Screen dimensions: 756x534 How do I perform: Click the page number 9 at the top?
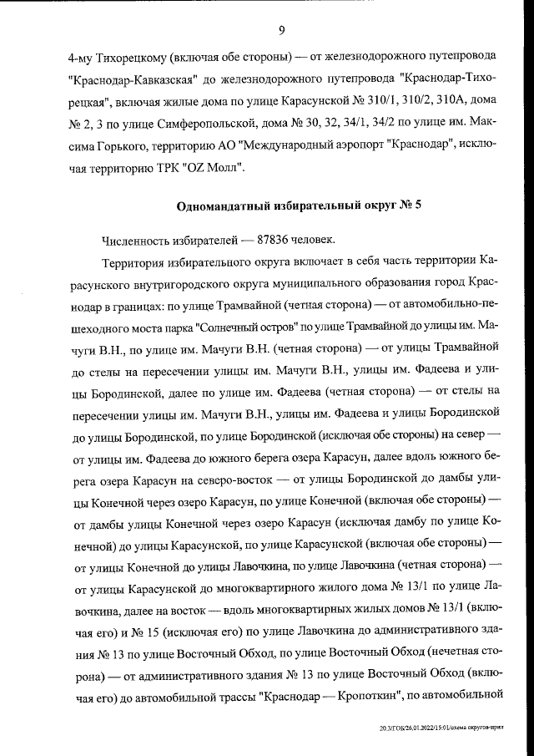point(281,31)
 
